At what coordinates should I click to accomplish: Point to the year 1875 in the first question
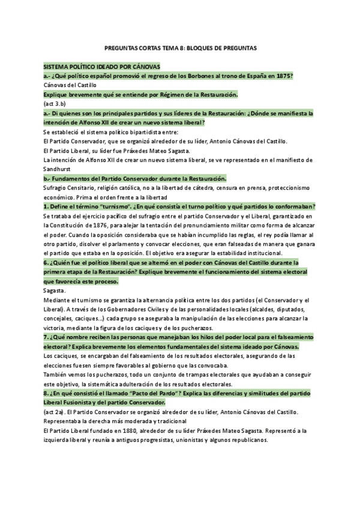285,76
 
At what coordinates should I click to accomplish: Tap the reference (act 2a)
55,414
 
